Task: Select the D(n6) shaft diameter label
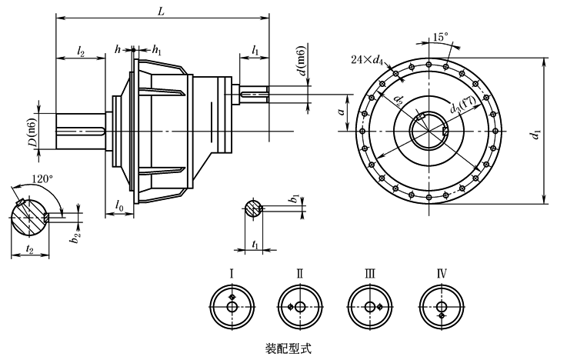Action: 33,132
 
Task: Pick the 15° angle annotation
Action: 440,36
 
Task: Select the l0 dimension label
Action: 119,205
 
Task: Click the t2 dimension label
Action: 28,248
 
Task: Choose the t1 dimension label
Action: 254,242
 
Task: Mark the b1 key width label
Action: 292,200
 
